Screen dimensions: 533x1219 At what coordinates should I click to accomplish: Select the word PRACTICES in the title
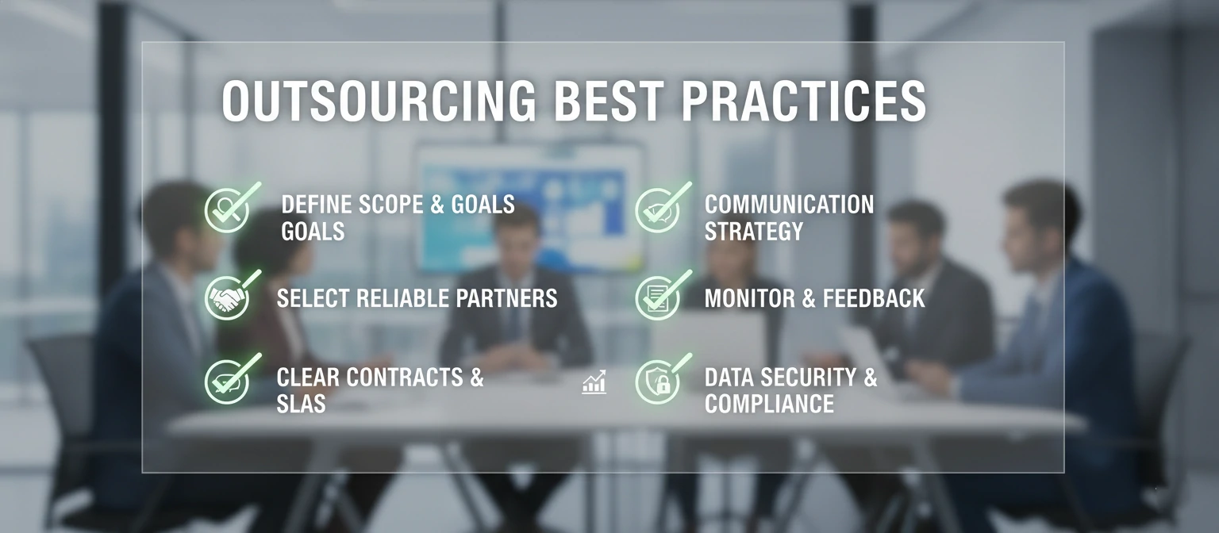tap(803, 101)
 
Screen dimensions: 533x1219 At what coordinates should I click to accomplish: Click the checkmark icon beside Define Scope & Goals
tap(227, 209)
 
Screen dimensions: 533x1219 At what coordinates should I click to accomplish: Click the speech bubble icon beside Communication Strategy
tap(657, 210)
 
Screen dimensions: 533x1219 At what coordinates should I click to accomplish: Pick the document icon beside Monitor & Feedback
tap(657, 298)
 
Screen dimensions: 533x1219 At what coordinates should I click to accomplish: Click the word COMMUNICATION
tap(789, 205)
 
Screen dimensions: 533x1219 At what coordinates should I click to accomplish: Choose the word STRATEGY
tap(754, 232)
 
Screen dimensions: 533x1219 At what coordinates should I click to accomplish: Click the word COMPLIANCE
tap(769, 404)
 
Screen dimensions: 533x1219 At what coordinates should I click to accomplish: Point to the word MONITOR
tap(750, 298)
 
